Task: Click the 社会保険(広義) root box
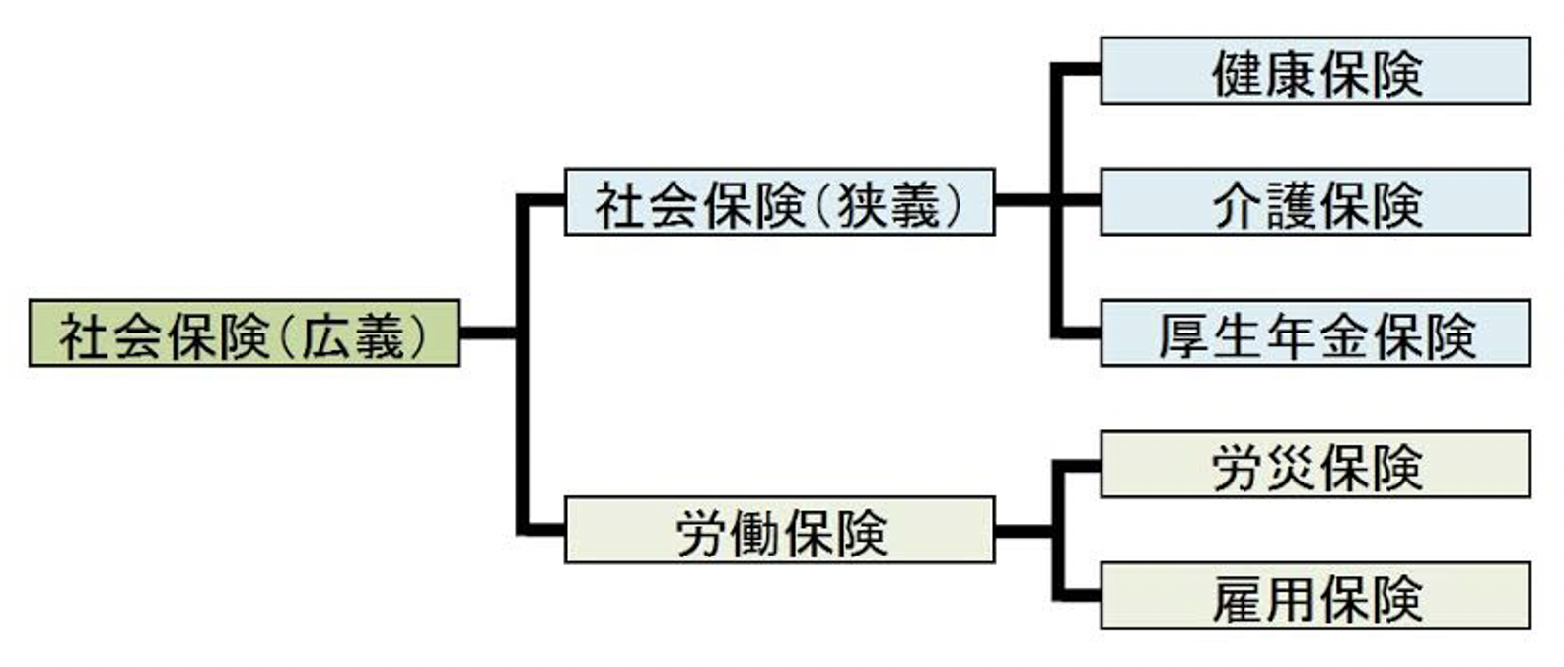[244, 333]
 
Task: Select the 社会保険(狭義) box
[779, 202]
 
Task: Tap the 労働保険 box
[779, 530]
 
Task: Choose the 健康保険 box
[1315, 71]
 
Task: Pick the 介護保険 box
[1315, 202]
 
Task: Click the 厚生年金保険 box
[1315, 333]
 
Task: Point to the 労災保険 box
[1315, 464]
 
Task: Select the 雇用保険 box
[1315, 596]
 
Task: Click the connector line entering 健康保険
[1078, 70]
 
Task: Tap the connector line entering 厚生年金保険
[1078, 333]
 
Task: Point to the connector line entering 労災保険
[1078, 464]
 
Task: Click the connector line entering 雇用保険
[1078, 595]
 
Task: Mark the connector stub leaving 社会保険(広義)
[488, 333]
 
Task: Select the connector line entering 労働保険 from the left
[542, 530]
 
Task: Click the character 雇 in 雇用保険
[1238, 598]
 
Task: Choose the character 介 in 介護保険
[1238, 204]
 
